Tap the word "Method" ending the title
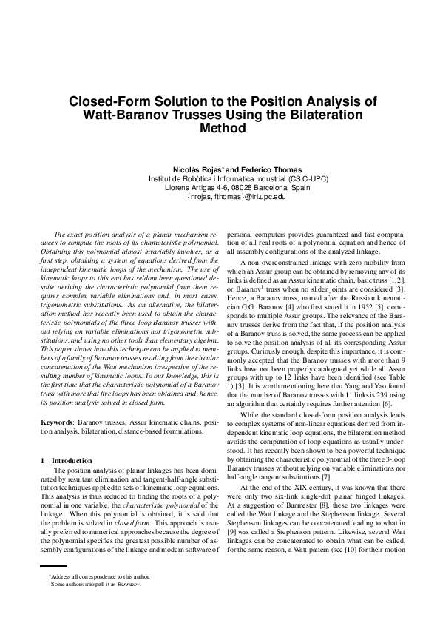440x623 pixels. pyautogui.click(x=220, y=128)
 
